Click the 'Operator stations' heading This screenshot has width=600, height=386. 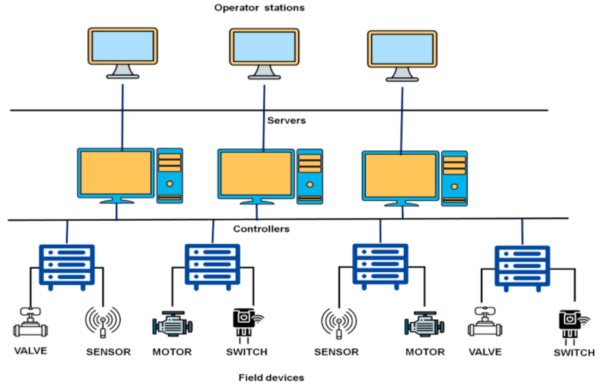coord(259,8)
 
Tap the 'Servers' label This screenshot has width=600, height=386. coord(286,121)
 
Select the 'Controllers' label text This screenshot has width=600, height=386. coord(261,229)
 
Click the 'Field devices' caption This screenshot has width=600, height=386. coord(271,377)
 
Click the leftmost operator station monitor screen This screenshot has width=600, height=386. coord(123,46)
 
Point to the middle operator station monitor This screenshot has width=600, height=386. coord(264,47)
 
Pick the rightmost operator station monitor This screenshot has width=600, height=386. coord(402,49)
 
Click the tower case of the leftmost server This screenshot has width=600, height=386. coord(170,175)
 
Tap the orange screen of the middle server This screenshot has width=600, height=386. coord(256,174)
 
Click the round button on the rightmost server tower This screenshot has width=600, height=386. coord(454,186)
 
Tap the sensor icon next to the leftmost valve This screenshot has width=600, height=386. coord(103,322)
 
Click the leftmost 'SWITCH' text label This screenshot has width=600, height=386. coord(247,352)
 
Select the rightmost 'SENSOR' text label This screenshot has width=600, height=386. coord(336,352)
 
